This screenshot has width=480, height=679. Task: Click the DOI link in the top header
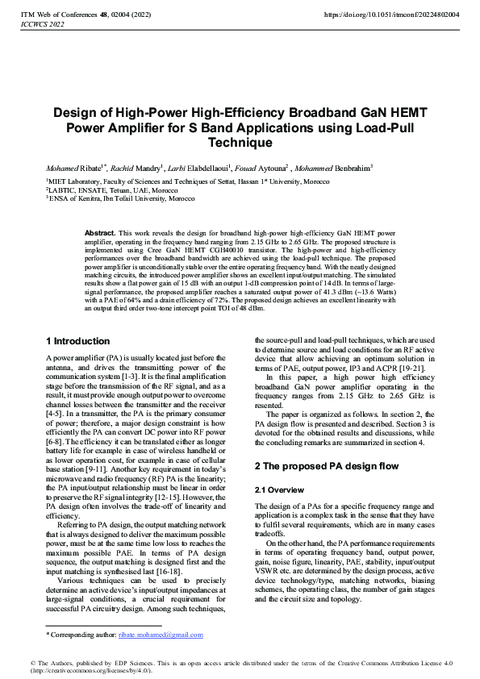coord(390,15)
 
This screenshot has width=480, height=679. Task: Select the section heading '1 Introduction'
coord(77,341)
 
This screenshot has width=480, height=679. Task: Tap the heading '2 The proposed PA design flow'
coord(327,466)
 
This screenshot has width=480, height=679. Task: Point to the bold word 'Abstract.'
coord(102,232)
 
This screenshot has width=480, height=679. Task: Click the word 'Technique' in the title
coord(240,142)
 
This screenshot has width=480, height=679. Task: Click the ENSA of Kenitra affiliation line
coord(121,198)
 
